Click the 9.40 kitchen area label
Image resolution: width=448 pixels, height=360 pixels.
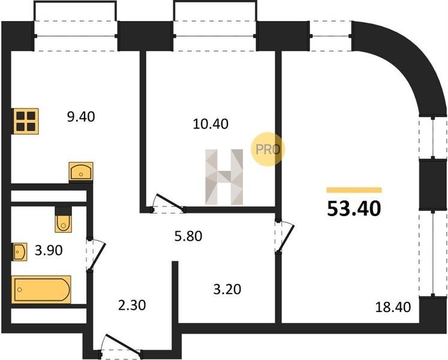[x=81, y=116]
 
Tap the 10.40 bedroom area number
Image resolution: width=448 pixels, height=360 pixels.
[x=211, y=124]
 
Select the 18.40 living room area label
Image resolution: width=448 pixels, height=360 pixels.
[x=393, y=307]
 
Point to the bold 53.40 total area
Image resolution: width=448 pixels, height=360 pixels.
[x=354, y=208]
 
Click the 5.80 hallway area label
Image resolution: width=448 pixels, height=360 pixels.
[x=188, y=236]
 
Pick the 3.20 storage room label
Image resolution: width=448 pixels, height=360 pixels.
[x=227, y=289]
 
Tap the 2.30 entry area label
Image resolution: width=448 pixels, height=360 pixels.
[x=132, y=305]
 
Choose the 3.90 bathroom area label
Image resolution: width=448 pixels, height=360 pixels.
[x=49, y=250]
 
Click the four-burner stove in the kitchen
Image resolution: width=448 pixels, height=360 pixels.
[x=25, y=121]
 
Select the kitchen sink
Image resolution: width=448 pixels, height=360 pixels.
[x=81, y=171]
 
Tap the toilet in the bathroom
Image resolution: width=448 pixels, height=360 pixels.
[x=63, y=220]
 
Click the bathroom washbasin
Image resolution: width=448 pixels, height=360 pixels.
[x=20, y=252]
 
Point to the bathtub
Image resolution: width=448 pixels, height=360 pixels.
[x=41, y=289]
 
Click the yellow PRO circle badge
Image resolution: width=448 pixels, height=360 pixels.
[x=267, y=149]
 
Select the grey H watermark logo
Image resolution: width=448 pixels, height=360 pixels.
[x=224, y=177]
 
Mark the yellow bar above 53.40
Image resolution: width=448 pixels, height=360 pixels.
[x=354, y=190]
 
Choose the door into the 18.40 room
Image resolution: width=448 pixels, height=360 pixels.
[x=284, y=236]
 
